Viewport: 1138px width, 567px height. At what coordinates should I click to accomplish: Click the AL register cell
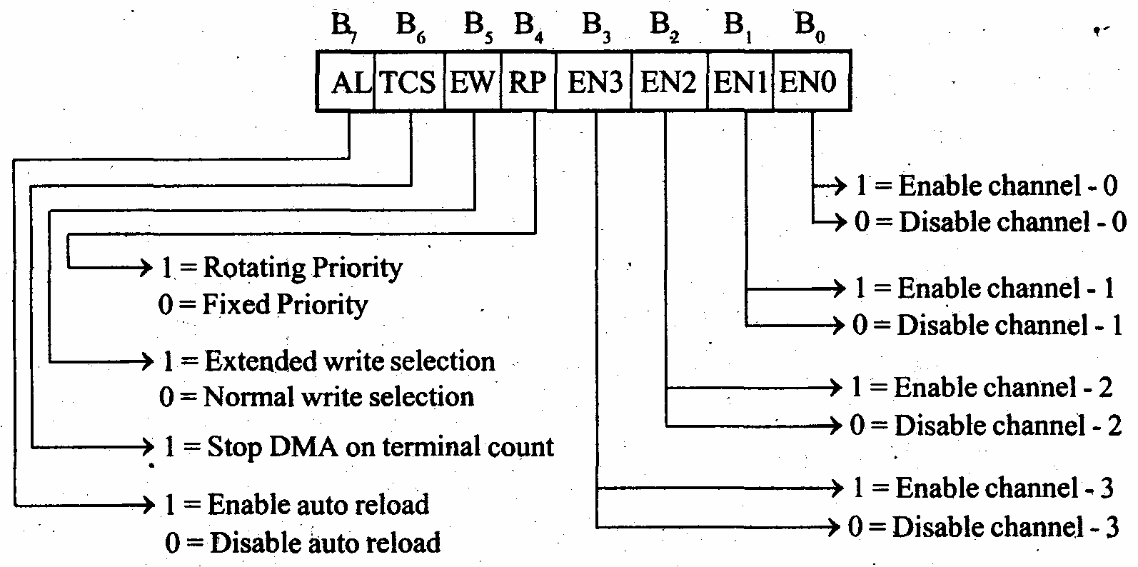[x=346, y=81]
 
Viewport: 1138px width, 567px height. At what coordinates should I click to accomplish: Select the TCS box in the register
[x=409, y=81]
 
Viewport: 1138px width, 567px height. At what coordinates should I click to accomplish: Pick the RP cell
[x=528, y=81]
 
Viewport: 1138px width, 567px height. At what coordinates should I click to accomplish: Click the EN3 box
[x=594, y=81]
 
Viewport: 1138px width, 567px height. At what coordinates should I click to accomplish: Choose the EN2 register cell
[x=669, y=81]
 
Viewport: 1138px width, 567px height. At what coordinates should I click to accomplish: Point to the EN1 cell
[x=740, y=81]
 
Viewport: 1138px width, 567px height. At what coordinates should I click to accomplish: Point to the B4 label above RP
[x=528, y=26]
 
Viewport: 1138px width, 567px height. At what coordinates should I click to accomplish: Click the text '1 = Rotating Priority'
[x=281, y=268]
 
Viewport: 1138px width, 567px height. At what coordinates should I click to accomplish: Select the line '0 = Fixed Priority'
[x=263, y=305]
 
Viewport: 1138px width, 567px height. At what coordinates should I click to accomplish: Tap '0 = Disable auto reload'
[x=303, y=543]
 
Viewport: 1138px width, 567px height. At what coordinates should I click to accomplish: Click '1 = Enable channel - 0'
[x=986, y=186]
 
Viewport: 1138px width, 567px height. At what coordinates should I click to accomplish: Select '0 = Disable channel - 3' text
[x=983, y=528]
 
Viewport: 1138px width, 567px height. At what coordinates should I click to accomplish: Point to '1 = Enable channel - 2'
[x=982, y=388]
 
